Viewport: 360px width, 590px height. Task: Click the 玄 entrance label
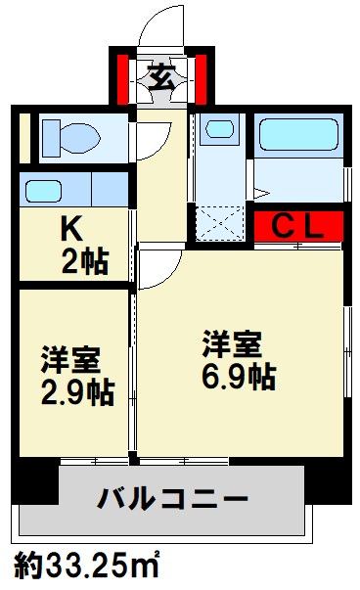(162, 76)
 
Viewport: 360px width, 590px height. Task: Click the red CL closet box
(297, 227)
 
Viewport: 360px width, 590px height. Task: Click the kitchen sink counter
(72, 188)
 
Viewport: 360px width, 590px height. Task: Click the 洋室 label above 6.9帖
(232, 344)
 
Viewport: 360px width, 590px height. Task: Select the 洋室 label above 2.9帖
(70, 360)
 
